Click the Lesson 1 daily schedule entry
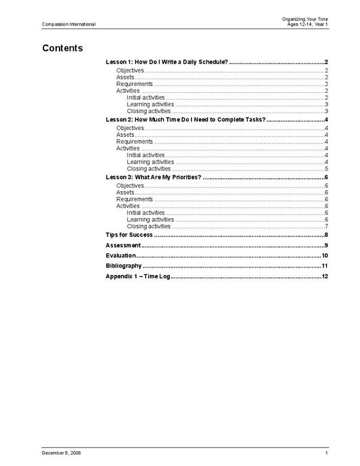coord(166,62)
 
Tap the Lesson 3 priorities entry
coord(154,177)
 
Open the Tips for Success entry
coord(129,234)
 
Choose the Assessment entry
coord(123,245)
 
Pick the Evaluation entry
coord(121,255)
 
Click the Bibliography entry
coord(124,266)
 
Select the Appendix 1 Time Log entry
coord(138,276)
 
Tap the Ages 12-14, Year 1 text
coord(307,24)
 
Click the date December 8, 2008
coord(61,452)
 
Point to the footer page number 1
coord(326,452)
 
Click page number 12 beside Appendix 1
coord(325,276)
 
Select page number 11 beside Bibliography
coord(325,266)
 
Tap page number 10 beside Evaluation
coord(325,255)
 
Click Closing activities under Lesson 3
coord(148,226)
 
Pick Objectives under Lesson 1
coord(130,70)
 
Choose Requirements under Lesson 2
coord(135,142)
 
